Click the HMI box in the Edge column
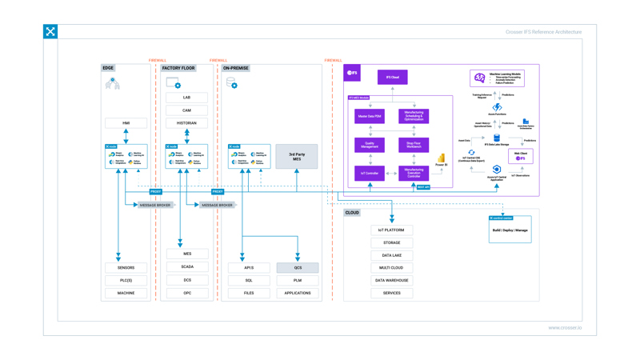pos(126,123)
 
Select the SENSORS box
pos(126,268)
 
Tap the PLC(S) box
pos(126,281)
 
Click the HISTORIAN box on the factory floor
pos(186,123)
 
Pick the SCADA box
pos(186,267)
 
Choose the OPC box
pos(186,293)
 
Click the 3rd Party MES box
pos(297,157)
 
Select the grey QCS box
pos(298,268)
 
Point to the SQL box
pos(249,281)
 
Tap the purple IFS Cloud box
pos(392,78)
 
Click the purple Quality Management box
pos(370,145)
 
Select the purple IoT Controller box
pos(370,173)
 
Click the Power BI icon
pos(441,160)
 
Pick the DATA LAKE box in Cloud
pos(392,255)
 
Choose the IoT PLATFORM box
pos(392,230)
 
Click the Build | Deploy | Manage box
pos(510,230)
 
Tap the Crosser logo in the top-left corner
pos(50,32)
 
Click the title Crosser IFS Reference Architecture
pos(543,32)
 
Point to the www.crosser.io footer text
pos(565,327)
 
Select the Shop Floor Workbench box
pos(414,145)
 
